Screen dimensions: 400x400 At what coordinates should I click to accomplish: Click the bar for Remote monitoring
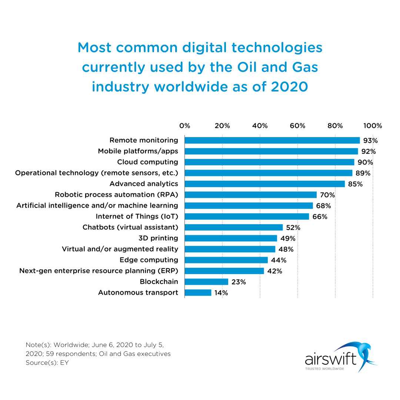pos(272,140)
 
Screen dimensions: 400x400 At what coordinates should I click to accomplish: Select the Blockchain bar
pos(206,282)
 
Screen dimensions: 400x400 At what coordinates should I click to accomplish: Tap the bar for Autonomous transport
pos(198,293)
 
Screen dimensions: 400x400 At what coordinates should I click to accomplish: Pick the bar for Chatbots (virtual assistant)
pos(233,227)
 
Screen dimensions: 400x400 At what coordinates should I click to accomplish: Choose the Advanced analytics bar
pos(264,184)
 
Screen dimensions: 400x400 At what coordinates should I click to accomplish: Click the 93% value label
pos(370,141)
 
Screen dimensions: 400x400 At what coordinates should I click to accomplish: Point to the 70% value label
pos(327,195)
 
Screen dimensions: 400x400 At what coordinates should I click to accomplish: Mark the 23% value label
pos(239,282)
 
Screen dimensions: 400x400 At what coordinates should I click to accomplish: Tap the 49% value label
pos(288,238)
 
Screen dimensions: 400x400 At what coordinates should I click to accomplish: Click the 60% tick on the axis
pos(297,126)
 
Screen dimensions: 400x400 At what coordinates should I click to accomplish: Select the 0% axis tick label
pos(184,126)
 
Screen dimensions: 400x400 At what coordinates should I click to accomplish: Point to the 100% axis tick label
pos(372,126)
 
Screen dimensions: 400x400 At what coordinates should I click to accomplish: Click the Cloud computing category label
pos(147,162)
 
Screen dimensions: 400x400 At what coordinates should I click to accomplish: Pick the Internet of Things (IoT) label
pos(137,216)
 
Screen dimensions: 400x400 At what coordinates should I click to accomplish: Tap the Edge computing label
pos(149,260)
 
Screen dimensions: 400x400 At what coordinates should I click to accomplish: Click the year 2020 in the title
pos(289,87)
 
